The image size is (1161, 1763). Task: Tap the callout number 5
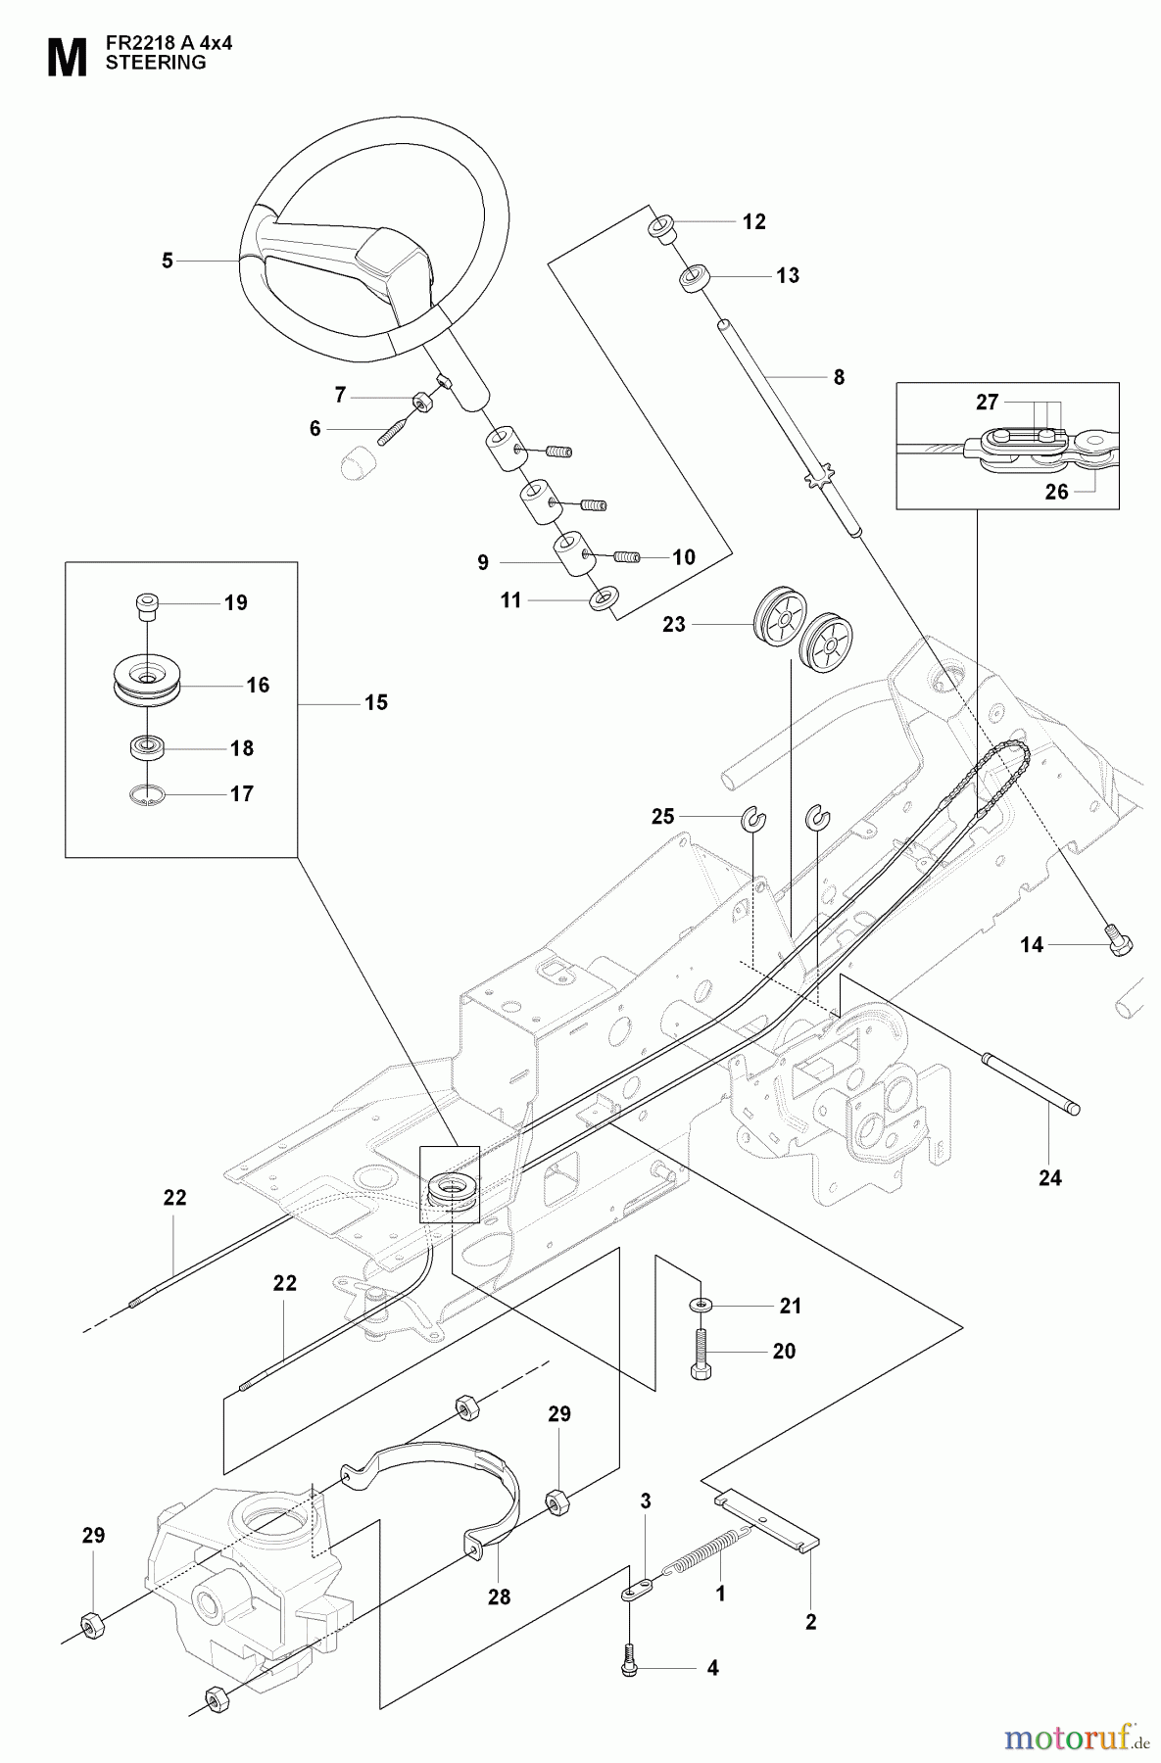point(168,261)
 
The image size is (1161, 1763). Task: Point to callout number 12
point(753,222)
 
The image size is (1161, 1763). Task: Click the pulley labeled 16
point(145,676)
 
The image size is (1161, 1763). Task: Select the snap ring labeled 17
point(145,795)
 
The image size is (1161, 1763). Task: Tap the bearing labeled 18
point(145,747)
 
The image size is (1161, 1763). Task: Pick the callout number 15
point(376,703)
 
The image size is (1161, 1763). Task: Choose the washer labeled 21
point(701,1306)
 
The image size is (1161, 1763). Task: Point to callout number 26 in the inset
point(1056,492)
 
